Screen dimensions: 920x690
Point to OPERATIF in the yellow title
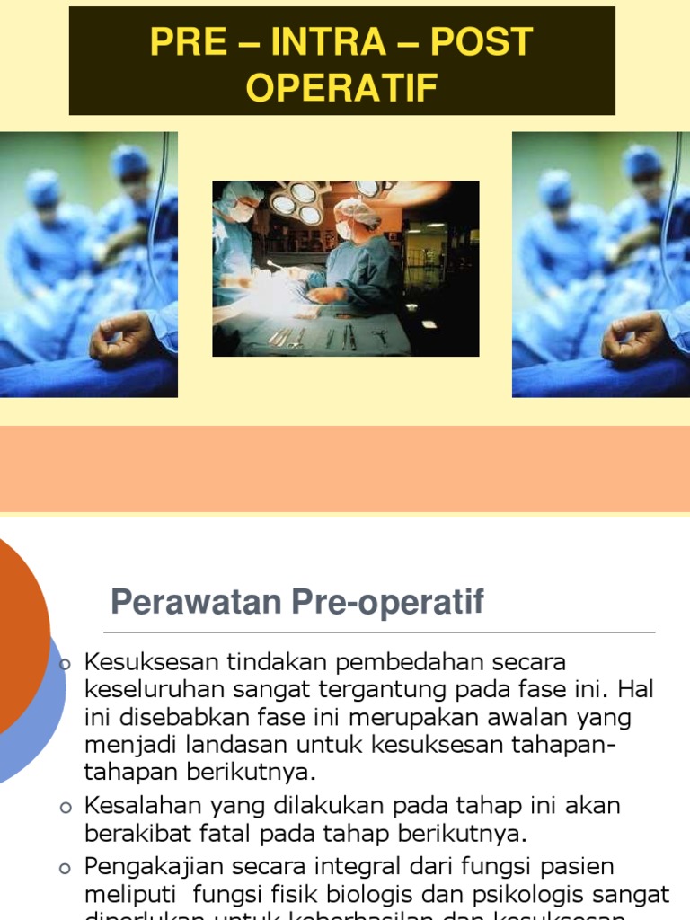342,88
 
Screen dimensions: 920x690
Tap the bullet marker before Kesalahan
64,808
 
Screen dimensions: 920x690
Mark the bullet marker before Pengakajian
64,869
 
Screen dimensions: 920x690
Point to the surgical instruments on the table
323,337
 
